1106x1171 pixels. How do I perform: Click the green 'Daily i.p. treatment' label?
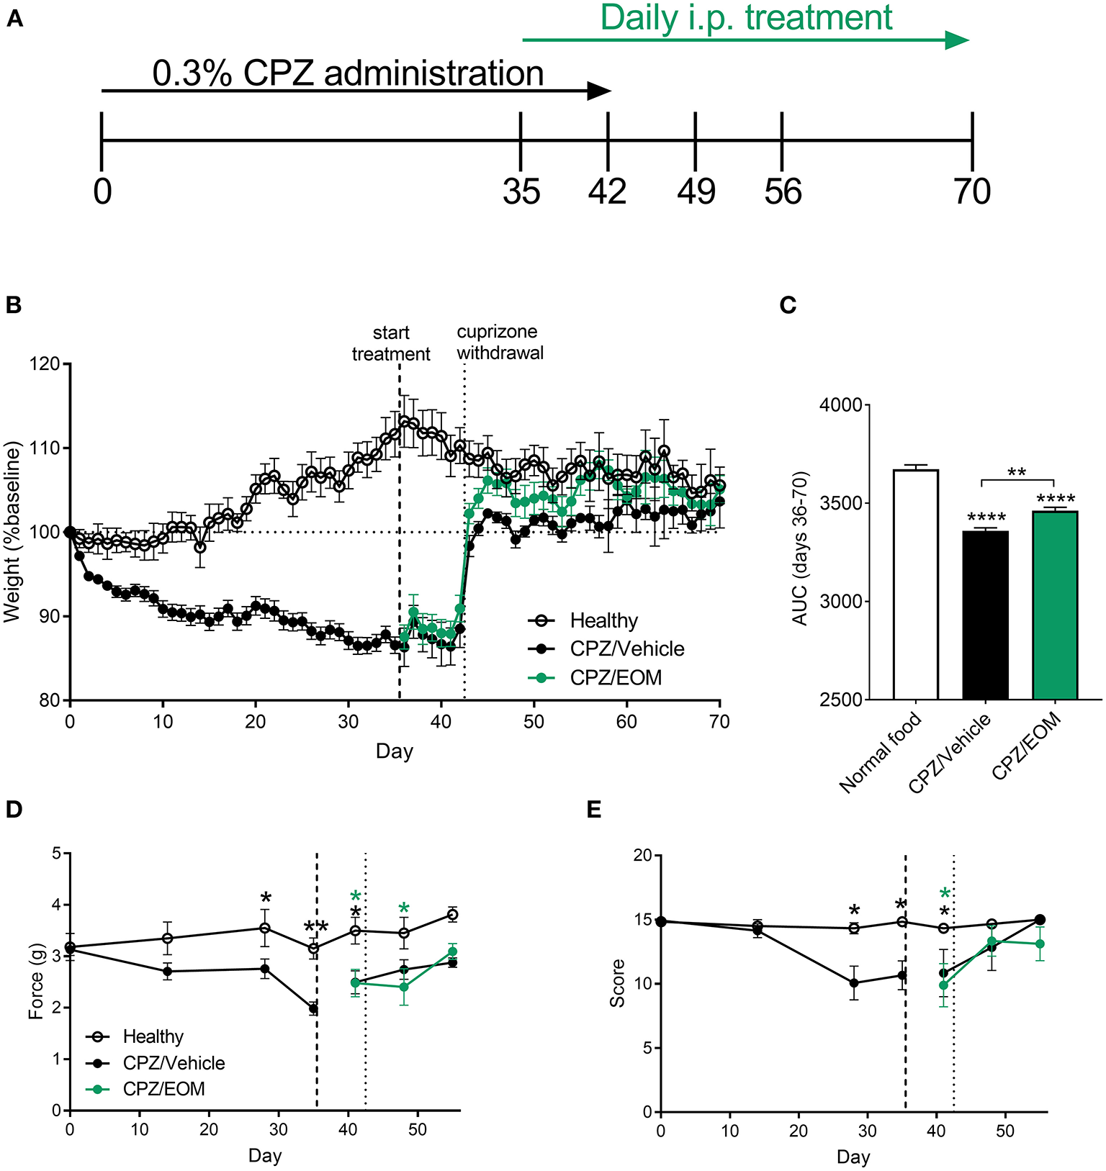tap(746, 17)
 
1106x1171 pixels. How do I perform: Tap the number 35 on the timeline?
tap(521, 192)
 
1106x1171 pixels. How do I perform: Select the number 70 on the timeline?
tap(972, 192)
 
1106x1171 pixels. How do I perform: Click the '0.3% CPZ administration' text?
tap(348, 73)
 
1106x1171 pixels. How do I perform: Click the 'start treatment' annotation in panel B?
tap(391, 343)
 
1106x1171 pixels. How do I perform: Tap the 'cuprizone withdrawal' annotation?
tap(500, 342)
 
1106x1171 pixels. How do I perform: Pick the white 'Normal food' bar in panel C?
tap(915, 583)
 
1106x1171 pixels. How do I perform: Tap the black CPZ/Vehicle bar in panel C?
tap(985, 615)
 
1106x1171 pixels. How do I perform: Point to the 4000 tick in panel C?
tap(840, 405)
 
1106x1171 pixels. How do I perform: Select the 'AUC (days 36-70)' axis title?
tap(800, 548)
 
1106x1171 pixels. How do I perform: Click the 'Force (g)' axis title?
tap(36, 982)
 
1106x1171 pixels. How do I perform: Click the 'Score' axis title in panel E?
tap(617, 983)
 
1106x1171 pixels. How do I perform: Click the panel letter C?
tap(788, 305)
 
